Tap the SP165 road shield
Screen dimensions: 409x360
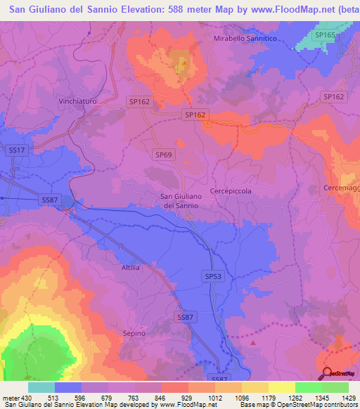coord(325,34)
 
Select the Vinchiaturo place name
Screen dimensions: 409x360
coord(77,101)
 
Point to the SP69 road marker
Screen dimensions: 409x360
coord(163,153)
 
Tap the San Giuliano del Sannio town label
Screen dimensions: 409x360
coord(181,201)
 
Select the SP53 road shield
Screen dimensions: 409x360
coord(214,277)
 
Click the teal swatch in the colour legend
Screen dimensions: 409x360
coord(41,387)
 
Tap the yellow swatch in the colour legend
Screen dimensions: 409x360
coord(281,387)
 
